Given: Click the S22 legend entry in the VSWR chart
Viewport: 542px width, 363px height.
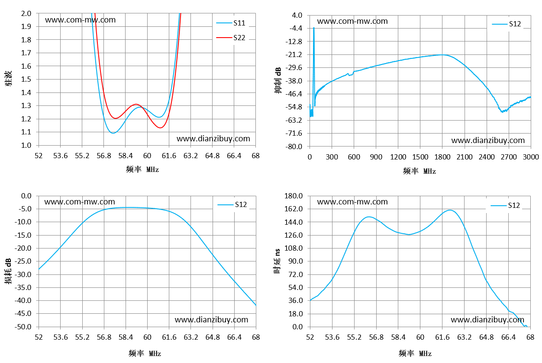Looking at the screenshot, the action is tap(231, 38).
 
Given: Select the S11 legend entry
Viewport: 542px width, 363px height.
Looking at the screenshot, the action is tap(231, 23).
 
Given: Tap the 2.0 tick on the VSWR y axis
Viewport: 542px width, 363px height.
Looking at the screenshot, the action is tap(26, 13).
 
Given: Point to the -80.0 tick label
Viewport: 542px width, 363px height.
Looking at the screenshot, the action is tap(294, 146).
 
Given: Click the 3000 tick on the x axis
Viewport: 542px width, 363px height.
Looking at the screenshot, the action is tap(531, 157).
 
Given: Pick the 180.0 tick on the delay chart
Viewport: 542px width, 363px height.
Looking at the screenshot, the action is tap(294, 196).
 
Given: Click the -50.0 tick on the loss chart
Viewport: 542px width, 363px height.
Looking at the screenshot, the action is tap(23, 327).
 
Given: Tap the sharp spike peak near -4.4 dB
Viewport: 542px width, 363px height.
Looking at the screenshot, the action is tap(314, 28).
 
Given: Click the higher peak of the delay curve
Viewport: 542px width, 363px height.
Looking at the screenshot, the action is tap(450, 210).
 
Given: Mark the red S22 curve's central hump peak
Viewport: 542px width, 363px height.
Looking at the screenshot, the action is tap(136, 104).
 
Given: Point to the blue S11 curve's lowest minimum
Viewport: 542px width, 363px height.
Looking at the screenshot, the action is tap(113, 133).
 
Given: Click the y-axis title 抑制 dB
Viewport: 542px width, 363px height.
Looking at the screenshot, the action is tap(278, 80).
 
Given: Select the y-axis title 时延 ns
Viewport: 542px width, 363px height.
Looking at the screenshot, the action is tap(277, 261).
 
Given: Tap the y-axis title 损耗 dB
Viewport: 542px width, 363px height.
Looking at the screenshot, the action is tap(8, 271).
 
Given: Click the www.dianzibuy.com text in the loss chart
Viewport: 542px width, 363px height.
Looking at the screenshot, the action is tap(212, 320).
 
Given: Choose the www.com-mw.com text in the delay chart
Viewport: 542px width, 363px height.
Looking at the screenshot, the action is tap(352, 202).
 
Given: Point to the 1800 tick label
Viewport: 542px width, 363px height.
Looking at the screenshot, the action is tap(442, 157).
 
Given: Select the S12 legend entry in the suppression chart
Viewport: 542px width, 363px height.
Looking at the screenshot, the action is tap(507, 24).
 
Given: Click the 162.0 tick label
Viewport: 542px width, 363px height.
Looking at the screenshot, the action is tap(294, 209).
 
